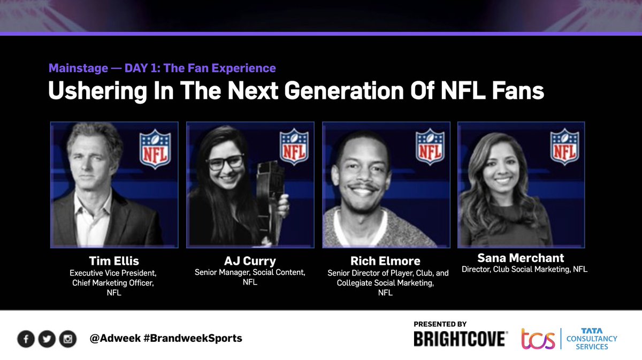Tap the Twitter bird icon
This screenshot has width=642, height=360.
pyautogui.click(x=47, y=339)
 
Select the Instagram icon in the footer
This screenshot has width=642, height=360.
pyautogui.click(x=67, y=339)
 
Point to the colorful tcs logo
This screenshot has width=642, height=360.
pyautogui.click(x=538, y=339)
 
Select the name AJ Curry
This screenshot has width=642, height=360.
pyautogui.click(x=249, y=262)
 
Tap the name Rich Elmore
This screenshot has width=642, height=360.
pyautogui.click(x=385, y=262)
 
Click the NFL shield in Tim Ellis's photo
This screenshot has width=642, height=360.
pyautogui.click(x=155, y=150)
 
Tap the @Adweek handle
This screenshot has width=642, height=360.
pyautogui.click(x=116, y=339)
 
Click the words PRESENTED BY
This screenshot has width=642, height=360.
pyautogui.click(x=440, y=324)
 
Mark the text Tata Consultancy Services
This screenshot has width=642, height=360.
pyautogui.click(x=592, y=339)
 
